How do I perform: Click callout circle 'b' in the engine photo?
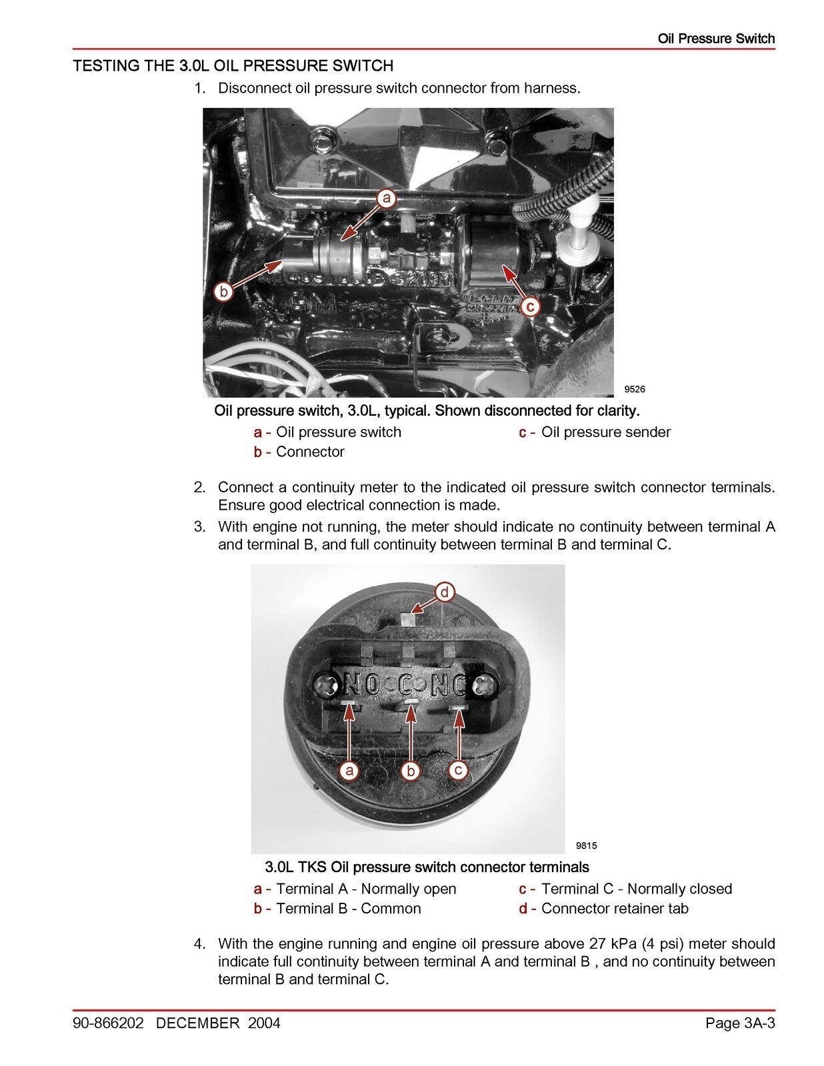tap(224, 291)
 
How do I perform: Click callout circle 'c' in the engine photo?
tap(529, 306)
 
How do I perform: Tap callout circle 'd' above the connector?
tap(445, 592)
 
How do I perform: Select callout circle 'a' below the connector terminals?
tap(349, 771)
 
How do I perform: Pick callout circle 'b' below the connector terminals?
tap(411, 771)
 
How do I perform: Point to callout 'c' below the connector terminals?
tap(458, 770)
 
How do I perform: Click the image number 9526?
tap(634, 389)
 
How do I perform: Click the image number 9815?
tap(586, 845)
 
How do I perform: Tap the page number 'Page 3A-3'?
tap(740, 1023)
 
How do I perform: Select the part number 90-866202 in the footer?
tap(109, 1023)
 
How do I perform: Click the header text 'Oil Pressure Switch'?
tap(716, 39)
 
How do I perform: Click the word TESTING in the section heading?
tap(101, 66)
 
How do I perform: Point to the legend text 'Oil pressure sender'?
tap(605, 432)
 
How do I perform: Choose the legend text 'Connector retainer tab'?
tap(614, 908)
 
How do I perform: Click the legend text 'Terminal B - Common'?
tap(348, 908)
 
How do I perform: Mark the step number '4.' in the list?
tap(199, 943)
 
